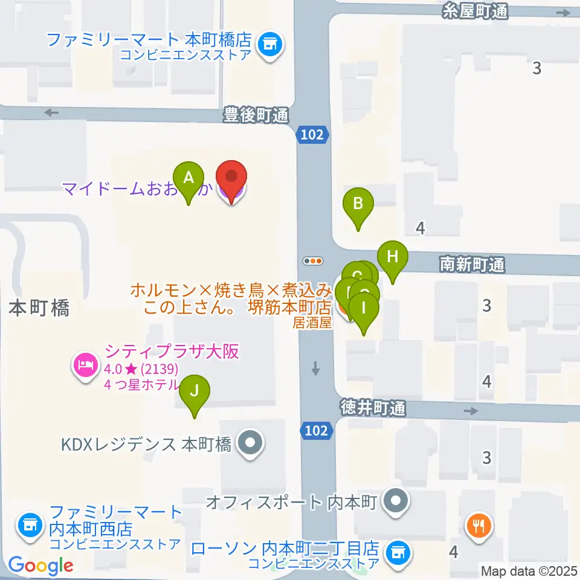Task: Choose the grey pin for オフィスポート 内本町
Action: coord(396,501)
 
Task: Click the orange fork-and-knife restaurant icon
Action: coord(480,524)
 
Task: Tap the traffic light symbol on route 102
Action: coord(313,261)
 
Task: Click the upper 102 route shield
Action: coord(312,135)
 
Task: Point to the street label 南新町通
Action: coord(472,264)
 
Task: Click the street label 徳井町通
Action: coord(372,409)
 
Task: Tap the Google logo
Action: coord(40,565)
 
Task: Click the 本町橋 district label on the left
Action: coord(40,308)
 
